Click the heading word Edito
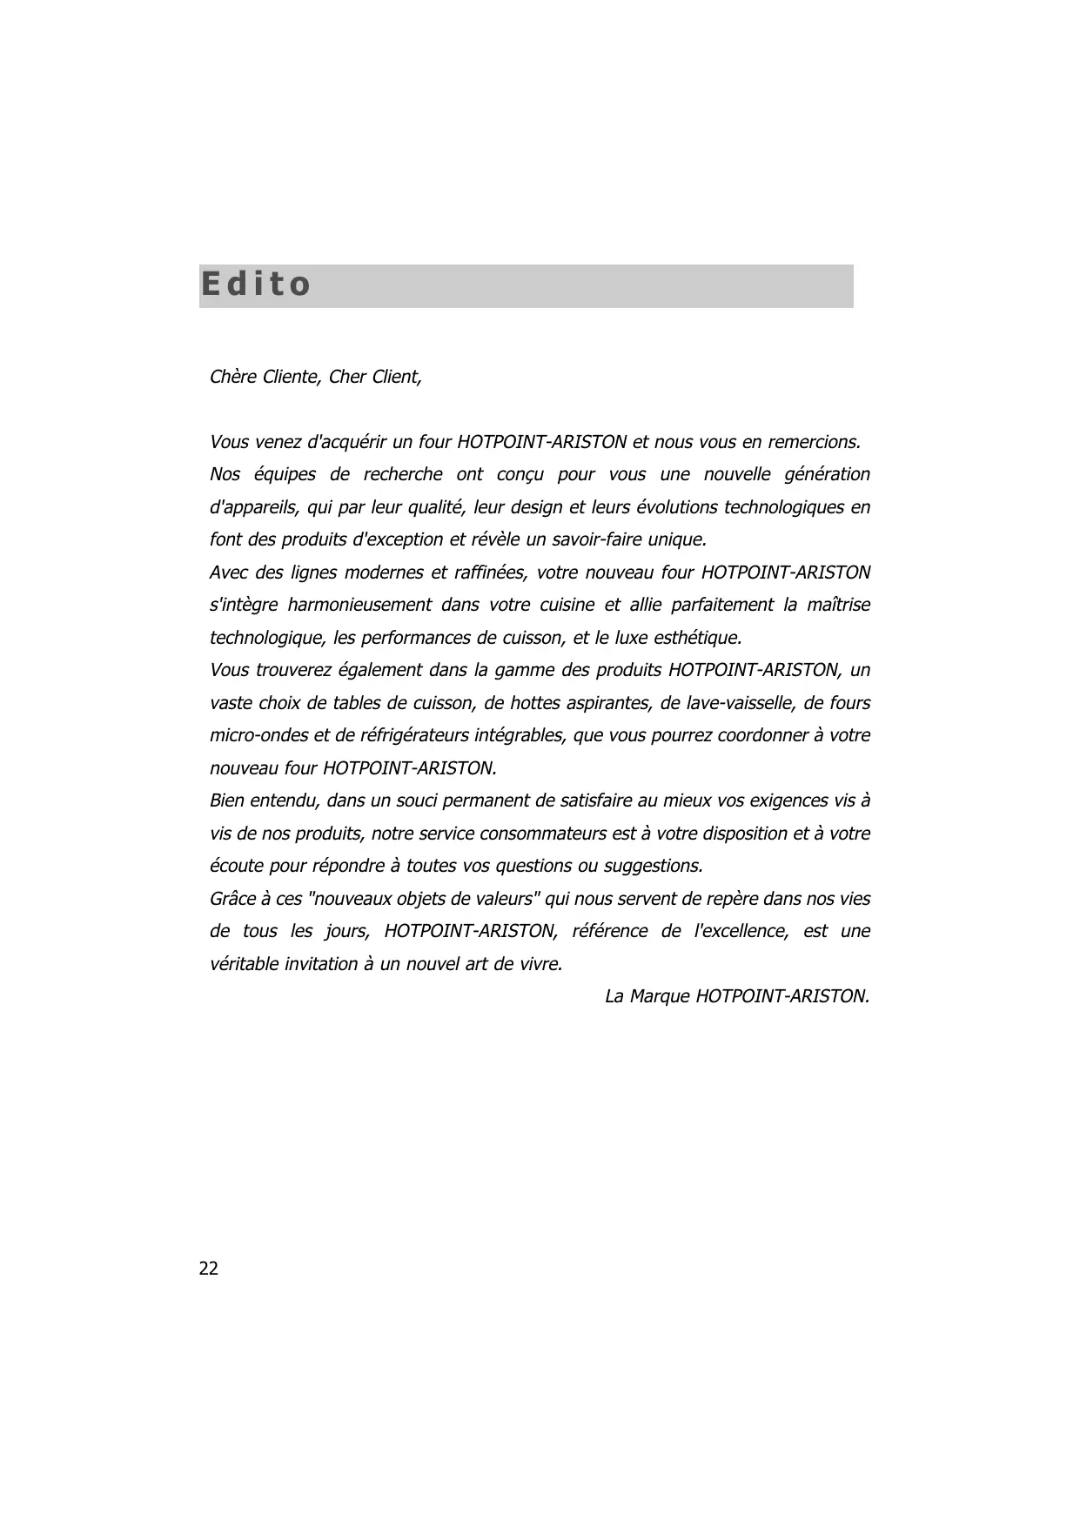point(255,285)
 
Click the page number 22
point(209,1269)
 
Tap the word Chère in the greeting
point(233,377)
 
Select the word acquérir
point(348,442)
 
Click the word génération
point(827,475)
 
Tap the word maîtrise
point(838,605)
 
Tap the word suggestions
point(653,866)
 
